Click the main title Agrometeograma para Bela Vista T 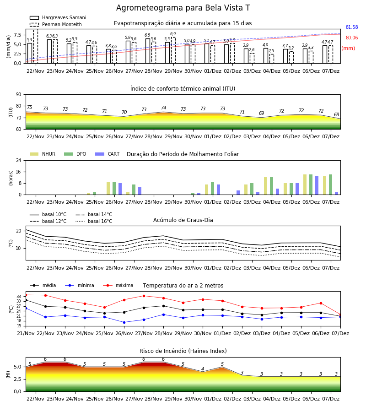[183, 8]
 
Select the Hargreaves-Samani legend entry [58, 17]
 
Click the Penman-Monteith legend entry [56, 24]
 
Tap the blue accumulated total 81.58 [352, 27]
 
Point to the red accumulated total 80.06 [352, 38]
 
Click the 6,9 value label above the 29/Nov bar [173, 34]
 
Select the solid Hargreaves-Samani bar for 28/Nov [148, 51]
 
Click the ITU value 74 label [164, 108]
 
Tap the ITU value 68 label [337, 114]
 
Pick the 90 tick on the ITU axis [19, 95]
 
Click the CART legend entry [108, 154]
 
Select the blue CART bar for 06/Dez [317, 185]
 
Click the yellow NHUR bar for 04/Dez [266, 186]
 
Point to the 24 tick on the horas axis [19, 160]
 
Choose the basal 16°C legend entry [94, 221]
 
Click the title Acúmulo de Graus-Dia [183, 220]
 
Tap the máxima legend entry [118, 285]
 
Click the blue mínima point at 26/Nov [124, 322]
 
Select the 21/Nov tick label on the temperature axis [26, 333]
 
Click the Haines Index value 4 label [203, 369]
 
